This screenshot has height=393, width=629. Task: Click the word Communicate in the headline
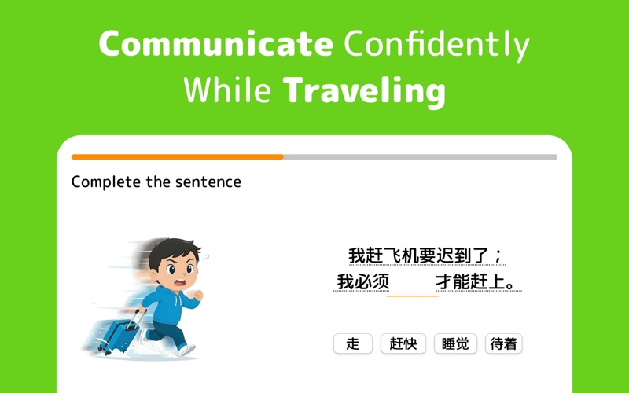(215, 43)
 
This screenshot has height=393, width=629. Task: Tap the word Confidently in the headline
(436, 45)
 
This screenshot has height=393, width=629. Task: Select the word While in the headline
(227, 90)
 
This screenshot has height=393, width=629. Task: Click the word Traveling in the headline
(364, 92)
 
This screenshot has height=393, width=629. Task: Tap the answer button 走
(353, 343)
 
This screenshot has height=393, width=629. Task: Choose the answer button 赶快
(403, 343)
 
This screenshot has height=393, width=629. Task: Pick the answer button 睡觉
(455, 343)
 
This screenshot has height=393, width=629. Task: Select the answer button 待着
(503, 343)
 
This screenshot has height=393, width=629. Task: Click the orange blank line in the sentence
(412, 296)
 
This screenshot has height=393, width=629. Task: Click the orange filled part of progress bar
(178, 156)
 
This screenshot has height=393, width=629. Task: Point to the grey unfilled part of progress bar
(421, 156)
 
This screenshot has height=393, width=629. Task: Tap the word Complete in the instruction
(106, 182)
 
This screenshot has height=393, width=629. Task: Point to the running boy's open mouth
(181, 282)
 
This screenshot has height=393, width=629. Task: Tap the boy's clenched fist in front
(199, 296)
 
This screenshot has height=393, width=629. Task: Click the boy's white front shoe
(187, 350)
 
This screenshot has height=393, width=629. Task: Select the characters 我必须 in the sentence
(362, 281)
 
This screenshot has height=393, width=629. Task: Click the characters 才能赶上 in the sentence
(471, 281)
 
